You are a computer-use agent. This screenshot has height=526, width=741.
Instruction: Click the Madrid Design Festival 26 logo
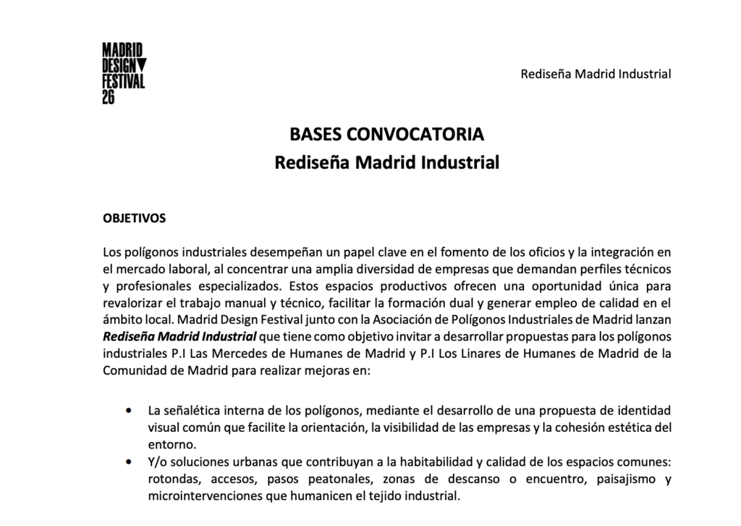pos(123,72)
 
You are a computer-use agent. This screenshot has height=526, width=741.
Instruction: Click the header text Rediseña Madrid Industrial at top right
pos(596,74)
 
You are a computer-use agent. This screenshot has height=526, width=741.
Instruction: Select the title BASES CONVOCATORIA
pos(386,135)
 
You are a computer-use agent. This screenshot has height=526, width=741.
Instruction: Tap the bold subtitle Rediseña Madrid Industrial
pos(386,162)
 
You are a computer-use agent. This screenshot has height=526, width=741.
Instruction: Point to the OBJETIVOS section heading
pos(135,217)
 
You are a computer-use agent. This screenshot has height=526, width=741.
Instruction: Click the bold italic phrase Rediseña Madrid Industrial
pos(180,336)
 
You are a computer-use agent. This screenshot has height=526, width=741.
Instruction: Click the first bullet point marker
pos(129,410)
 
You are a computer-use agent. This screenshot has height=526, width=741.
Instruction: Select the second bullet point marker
pos(129,462)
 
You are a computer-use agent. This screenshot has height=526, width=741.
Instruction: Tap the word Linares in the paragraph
pos(488,354)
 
